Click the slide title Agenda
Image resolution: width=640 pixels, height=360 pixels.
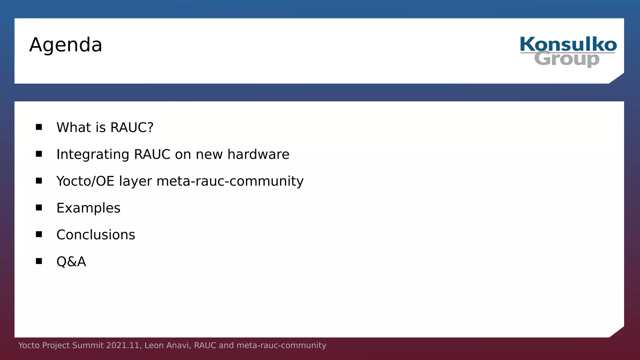[66, 45]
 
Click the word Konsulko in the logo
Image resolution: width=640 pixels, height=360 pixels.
[568, 44]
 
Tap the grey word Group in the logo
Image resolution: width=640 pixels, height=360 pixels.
[567, 59]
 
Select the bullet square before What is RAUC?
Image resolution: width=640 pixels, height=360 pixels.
[39, 127]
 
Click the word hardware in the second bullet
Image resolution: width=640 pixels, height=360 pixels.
[258, 154]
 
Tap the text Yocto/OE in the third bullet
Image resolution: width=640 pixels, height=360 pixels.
[85, 181]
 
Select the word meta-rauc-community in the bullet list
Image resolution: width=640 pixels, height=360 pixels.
[230, 181]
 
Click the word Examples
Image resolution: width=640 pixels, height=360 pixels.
[88, 208]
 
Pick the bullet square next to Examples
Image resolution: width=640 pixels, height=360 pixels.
[39, 207]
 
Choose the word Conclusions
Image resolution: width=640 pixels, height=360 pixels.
[96, 235]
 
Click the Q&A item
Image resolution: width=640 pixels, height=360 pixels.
[71, 262]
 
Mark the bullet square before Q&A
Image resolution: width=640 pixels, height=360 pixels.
[39, 261]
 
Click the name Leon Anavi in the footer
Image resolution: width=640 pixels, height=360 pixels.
[167, 345]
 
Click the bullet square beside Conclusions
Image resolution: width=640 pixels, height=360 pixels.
[39, 234]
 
